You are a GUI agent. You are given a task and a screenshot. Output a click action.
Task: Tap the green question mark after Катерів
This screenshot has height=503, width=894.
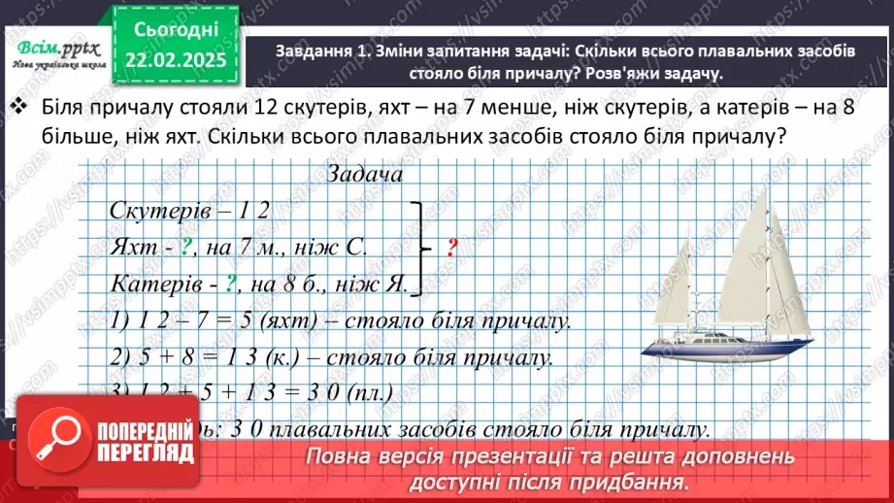point(231,285)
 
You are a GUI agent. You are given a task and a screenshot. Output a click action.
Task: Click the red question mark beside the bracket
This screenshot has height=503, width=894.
point(451,248)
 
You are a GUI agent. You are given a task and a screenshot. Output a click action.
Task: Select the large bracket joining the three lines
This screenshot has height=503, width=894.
point(417,248)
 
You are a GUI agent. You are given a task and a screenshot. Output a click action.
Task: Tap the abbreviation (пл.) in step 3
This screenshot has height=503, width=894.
point(373,393)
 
